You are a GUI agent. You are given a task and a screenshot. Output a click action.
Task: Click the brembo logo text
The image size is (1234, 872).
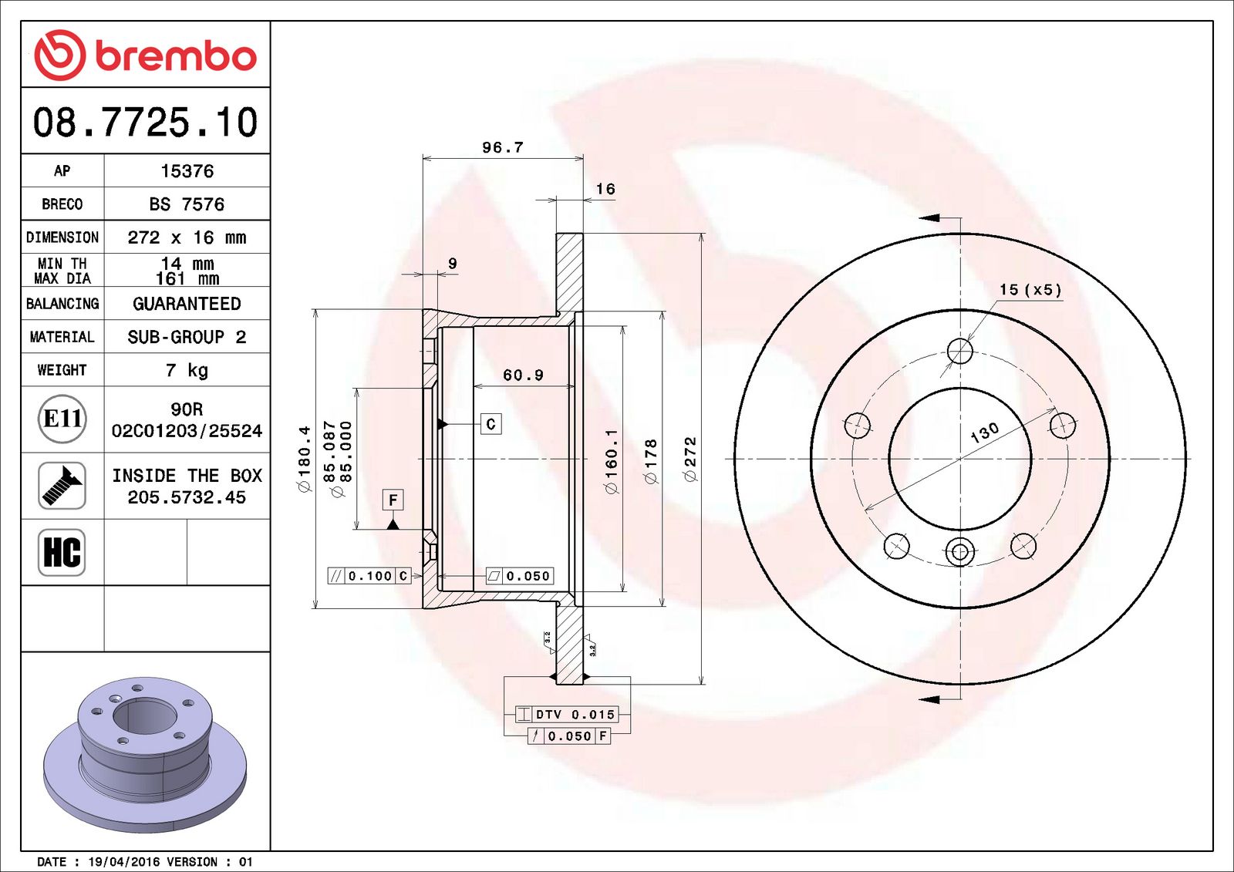(175, 56)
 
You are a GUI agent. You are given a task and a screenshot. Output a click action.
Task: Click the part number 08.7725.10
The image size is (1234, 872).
(145, 123)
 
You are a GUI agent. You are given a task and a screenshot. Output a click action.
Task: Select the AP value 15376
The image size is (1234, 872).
(187, 171)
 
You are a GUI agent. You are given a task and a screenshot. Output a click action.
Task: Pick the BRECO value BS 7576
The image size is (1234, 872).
(187, 204)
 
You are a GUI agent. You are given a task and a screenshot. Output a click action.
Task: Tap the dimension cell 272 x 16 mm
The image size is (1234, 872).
(187, 237)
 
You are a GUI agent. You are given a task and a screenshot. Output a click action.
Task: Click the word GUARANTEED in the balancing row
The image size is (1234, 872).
(187, 304)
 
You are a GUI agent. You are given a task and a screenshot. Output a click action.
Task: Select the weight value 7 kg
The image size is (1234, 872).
(187, 370)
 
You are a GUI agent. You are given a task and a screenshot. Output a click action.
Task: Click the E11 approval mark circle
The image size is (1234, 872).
(62, 419)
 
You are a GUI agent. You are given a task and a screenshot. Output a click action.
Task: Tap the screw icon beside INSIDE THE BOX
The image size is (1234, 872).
(62, 485)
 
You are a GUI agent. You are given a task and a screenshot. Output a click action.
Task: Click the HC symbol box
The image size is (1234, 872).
(62, 552)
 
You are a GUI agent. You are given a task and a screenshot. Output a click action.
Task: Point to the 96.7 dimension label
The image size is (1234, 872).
(502, 147)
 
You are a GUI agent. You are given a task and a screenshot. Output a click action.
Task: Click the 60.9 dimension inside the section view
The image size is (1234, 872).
(523, 375)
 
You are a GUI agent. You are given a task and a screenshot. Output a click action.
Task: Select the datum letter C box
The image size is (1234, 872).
(491, 424)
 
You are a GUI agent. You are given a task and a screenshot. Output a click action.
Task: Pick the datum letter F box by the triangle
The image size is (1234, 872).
(393, 500)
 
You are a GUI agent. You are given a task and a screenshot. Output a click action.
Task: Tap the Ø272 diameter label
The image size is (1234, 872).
(690, 460)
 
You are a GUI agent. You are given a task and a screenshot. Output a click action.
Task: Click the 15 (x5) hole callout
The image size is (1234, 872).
(1030, 290)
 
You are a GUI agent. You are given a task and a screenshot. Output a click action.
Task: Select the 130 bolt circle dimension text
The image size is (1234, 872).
(985, 433)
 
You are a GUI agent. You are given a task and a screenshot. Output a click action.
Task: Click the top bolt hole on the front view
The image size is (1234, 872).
(960, 351)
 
